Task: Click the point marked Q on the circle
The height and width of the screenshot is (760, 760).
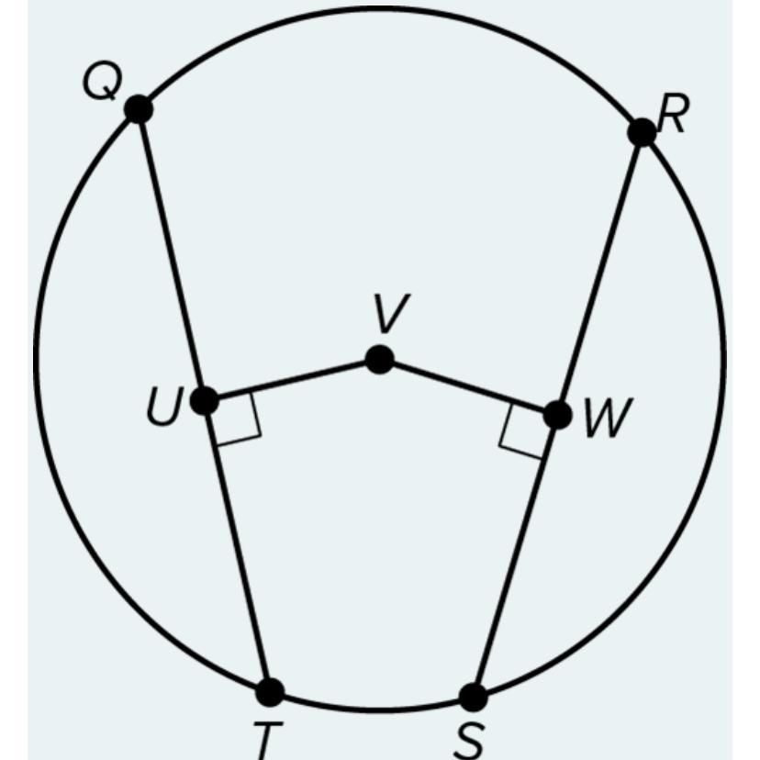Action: coord(139,109)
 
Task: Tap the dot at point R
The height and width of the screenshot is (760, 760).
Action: coord(642,132)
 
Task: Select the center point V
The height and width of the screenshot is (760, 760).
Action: coord(379,359)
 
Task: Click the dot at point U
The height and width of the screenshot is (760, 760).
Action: coord(205,401)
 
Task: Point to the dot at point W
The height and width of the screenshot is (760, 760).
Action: coord(557,415)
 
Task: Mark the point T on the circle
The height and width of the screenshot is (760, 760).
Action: coord(270,692)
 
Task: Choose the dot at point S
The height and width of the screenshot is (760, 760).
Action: coord(473,698)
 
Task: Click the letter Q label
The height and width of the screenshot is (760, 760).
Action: coord(102,83)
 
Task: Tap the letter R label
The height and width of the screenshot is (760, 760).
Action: coord(672,114)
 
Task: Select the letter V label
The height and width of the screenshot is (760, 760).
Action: coord(391,313)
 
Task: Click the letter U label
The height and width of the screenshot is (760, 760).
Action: coord(165,407)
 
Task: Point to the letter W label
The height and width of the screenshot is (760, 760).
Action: coord(609,417)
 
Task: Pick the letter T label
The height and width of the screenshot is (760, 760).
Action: coord(266,741)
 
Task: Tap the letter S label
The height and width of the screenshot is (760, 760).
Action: coord(469,742)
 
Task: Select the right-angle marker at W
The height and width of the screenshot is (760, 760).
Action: coord(522,431)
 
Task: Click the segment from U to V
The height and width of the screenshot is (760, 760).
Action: coord(292,380)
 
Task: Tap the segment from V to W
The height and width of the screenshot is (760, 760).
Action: coord(468,386)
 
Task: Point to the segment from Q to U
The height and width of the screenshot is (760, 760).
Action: coord(172,255)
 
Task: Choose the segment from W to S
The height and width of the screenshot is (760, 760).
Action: coord(515,556)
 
